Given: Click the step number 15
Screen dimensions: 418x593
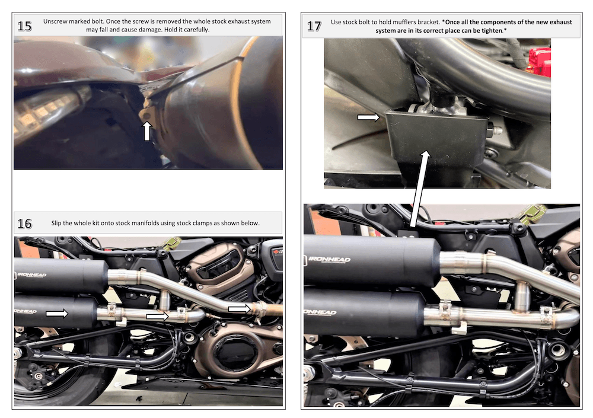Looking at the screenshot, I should click(x=25, y=25).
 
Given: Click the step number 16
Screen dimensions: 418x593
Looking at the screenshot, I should click(x=25, y=224).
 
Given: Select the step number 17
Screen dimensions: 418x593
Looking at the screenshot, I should click(x=314, y=27).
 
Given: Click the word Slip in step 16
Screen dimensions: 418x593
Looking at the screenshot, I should click(x=58, y=224).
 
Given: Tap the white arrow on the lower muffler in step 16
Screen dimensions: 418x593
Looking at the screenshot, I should click(x=57, y=312).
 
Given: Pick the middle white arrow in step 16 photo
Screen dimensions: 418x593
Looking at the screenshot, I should click(x=157, y=317).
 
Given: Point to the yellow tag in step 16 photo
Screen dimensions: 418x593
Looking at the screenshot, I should click(x=172, y=242).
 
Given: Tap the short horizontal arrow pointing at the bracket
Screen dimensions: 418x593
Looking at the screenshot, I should click(x=368, y=118).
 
